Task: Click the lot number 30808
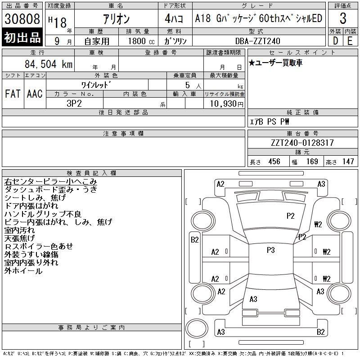click(x=22, y=19)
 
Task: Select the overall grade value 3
click(x=343, y=18)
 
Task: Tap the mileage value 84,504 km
click(x=49, y=64)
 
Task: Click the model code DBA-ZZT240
click(x=257, y=41)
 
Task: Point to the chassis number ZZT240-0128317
click(x=302, y=143)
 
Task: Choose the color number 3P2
click(x=74, y=103)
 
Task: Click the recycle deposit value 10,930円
click(x=226, y=104)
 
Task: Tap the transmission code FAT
click(x=13, y=94)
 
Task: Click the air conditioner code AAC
click(x=35, y=94)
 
